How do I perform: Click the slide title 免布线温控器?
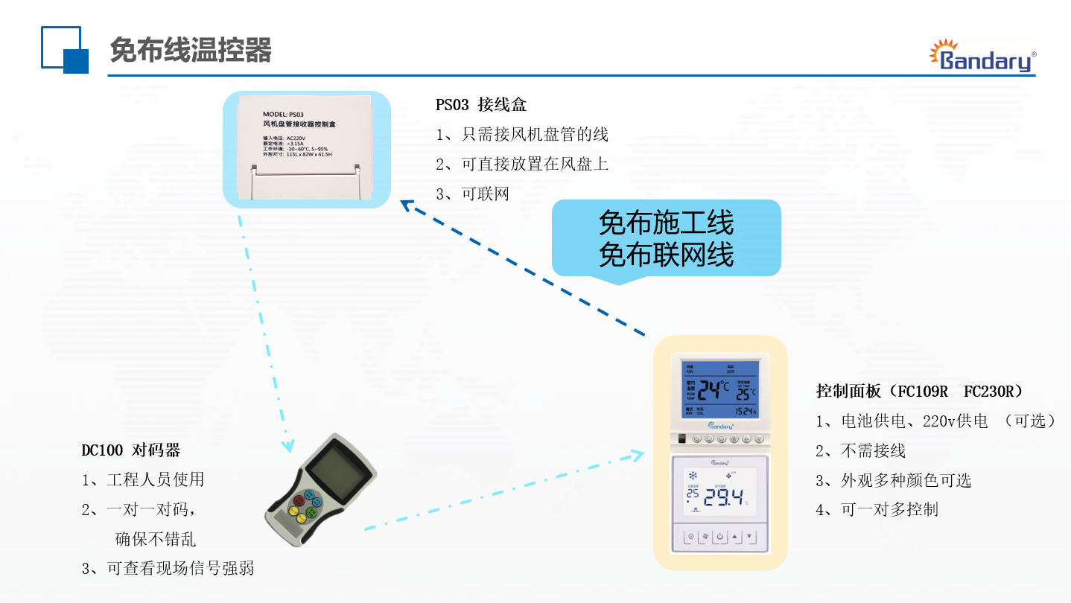[x=191, y=51]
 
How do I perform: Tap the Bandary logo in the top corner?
[x=982, y=57]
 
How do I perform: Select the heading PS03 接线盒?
[x=481, y=105]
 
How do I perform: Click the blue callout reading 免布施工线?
[x=666, y=223]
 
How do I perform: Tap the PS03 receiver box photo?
[x=307, y=149]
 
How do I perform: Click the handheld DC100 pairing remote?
[x=321, y=492]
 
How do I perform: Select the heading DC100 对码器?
[x=130, y=450]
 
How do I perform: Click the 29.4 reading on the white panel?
[x=722, y=498]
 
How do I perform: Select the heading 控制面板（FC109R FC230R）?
[x=919, y=392]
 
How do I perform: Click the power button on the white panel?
[x=719, y=537]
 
